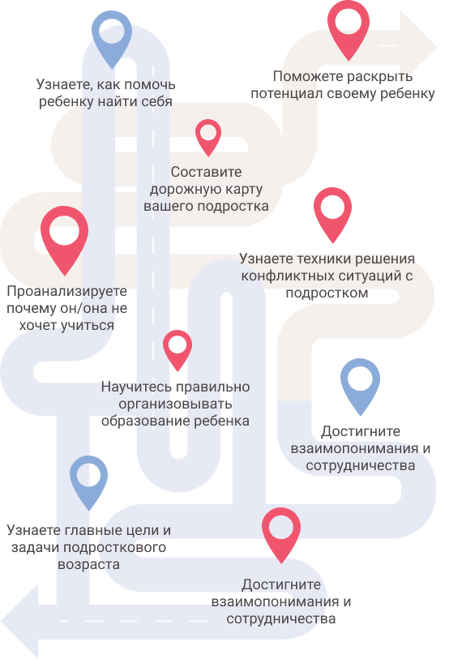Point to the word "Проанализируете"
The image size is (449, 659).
66,291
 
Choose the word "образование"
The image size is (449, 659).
141,422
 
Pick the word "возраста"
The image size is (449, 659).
88,564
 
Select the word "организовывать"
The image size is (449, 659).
175,404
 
